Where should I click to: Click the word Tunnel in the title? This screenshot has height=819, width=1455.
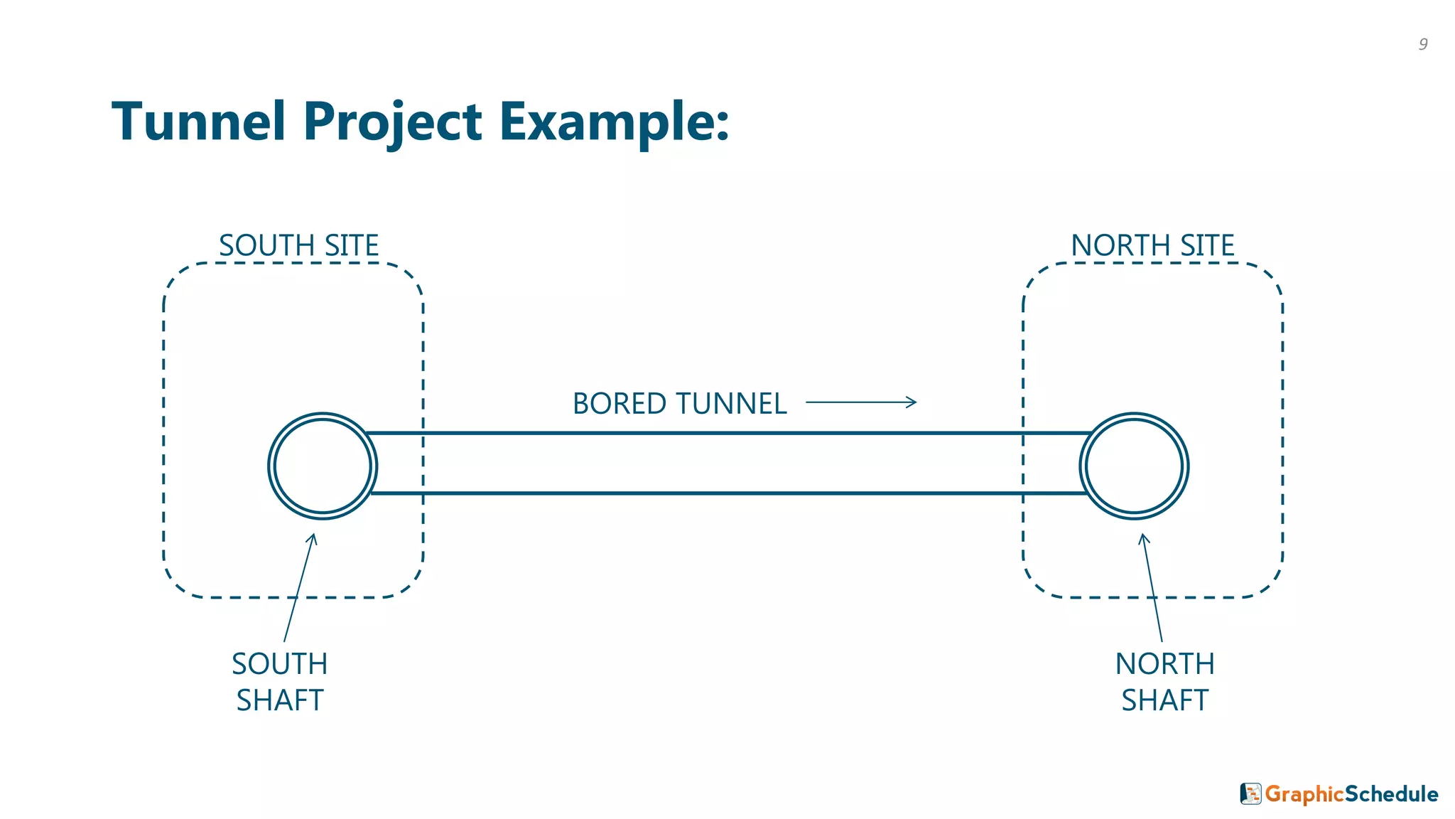199,122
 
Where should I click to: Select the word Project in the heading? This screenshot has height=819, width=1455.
393,122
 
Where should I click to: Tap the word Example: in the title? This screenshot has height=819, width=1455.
614,122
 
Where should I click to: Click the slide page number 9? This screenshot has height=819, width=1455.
1423,44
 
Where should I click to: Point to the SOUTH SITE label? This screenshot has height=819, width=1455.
298,246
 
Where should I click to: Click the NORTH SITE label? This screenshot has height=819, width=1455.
1152,246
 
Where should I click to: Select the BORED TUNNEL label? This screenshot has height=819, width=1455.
679,404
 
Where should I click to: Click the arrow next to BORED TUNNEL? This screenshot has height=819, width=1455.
861,402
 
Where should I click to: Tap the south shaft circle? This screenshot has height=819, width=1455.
323,466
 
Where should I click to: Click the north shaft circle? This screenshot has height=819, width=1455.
1134,466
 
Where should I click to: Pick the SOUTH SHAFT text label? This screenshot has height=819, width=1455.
280,682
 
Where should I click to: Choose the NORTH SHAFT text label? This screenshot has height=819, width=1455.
1165,682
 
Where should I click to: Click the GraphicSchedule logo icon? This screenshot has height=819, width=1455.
1250,793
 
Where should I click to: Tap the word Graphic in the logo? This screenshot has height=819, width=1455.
1304,794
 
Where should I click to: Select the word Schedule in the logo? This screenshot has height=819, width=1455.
1392,794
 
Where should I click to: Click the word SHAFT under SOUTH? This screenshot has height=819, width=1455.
280,700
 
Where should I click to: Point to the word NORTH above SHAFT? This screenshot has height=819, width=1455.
1165,664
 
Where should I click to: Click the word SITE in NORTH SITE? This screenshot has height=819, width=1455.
1207,246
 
